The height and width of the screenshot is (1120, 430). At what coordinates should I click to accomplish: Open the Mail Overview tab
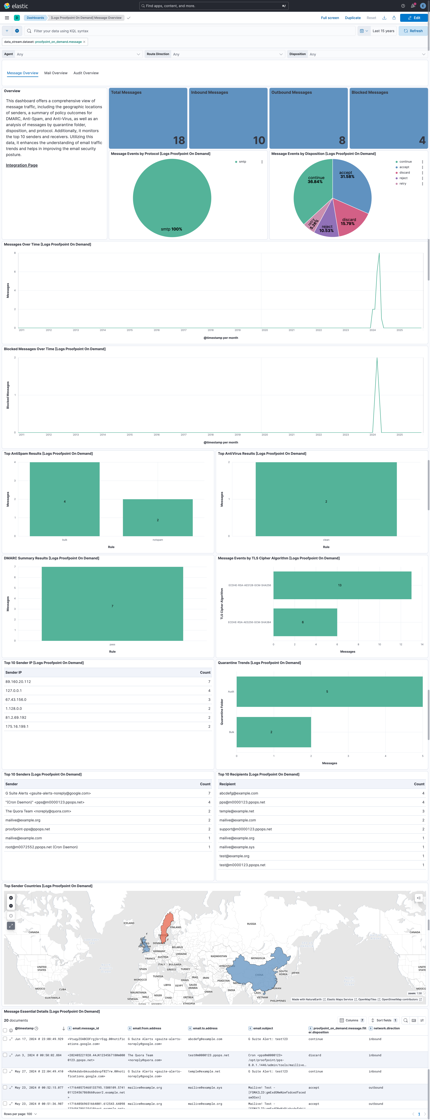[x=56, y=73]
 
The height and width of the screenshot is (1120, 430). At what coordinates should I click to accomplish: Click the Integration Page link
[x=22, y=165]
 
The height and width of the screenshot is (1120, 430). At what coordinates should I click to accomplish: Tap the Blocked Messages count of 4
[x=422, y=140]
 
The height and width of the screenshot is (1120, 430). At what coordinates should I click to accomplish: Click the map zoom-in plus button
[x=11, y=898]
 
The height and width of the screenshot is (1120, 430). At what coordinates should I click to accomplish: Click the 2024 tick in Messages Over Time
[x=373, y=330]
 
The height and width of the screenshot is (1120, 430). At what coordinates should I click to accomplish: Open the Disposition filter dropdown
[x=367, y=54]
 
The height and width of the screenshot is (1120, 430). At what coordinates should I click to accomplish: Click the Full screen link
[x=330, y=18]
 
